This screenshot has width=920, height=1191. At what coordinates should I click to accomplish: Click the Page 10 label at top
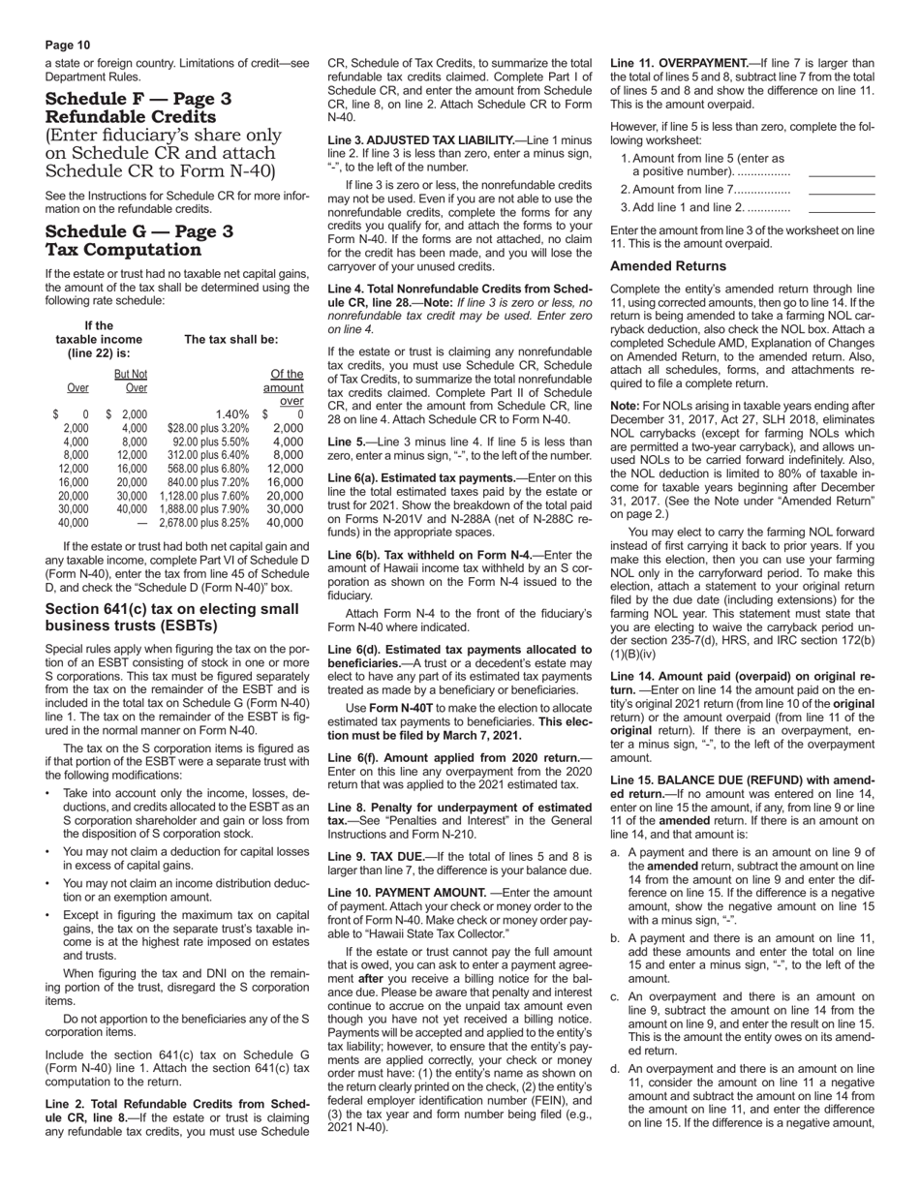tap(68, 45)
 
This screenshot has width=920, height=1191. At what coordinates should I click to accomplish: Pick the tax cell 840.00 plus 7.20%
tap(203, 482)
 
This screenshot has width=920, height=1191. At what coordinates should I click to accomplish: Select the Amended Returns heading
tap(667, 265)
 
